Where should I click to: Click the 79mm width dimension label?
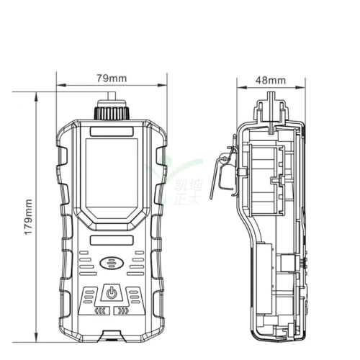[x=112, y=78]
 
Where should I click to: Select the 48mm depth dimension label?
[x=271, y=80]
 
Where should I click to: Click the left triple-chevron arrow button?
[x=99, y=311]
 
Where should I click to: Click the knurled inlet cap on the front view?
[x=111, y=112]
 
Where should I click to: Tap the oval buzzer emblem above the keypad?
[x=111, y=264]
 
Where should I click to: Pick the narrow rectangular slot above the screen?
[x=111, y=132]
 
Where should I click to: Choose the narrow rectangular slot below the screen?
[x=111, y=240]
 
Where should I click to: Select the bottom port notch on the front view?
[x=111, y=335]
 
